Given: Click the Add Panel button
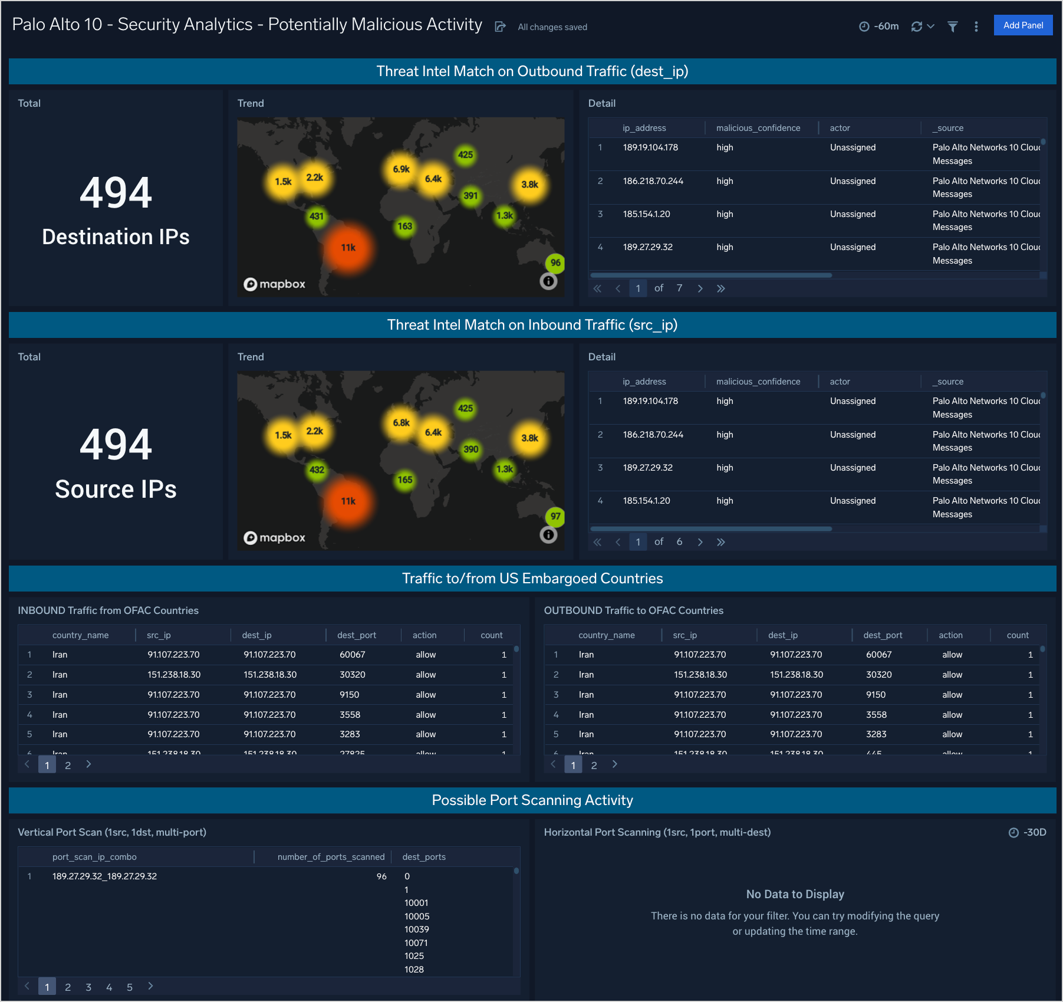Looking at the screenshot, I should [x=1022, y=25].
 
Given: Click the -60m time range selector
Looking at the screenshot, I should [x=879, y=27].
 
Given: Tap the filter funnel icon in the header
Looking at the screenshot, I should [x=952, y=27].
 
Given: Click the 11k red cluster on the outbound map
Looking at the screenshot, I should [x=348, y=248].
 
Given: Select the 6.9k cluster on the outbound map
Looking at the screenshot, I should [x=401, y=169].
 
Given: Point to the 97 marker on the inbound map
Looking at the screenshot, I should [x=555, y=517].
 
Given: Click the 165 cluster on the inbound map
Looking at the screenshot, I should [x=404, y=480].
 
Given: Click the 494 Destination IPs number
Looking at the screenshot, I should [x=116, y=193].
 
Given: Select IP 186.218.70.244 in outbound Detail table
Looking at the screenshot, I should [x=653, y=181].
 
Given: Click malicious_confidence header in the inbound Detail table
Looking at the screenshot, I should [x=758, y=382].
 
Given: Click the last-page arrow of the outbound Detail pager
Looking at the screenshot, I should [x=720, y=288].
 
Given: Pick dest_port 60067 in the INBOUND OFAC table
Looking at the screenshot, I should [x=352, y=655].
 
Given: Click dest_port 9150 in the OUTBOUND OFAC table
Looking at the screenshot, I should [x=876, y=695].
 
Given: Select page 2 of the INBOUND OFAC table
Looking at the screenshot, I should [x=68, y=765].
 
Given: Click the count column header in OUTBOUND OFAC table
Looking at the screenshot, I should [x=1017, y=635].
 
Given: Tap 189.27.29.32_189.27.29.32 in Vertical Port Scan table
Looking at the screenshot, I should [x=104, y=876].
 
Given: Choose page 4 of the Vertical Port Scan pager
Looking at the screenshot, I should [x=109, y=987].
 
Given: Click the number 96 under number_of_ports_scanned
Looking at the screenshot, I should [x=381, y=876].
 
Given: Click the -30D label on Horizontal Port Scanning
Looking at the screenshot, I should [x=1034, y=832].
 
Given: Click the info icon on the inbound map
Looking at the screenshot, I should [x=548, y=535].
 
